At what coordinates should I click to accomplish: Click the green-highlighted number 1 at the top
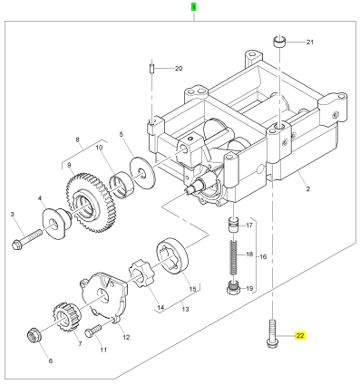click(193, 7)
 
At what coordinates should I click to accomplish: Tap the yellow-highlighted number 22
click(300, 335)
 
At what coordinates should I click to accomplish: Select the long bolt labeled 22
click(272, 333)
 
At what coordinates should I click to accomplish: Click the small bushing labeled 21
click(280, 41)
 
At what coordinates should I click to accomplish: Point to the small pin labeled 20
click(152, 69)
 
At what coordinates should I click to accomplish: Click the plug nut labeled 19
click(233, 288)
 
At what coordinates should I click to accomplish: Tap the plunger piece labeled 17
click(233, 226)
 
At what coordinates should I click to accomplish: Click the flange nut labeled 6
click(34, 336)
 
